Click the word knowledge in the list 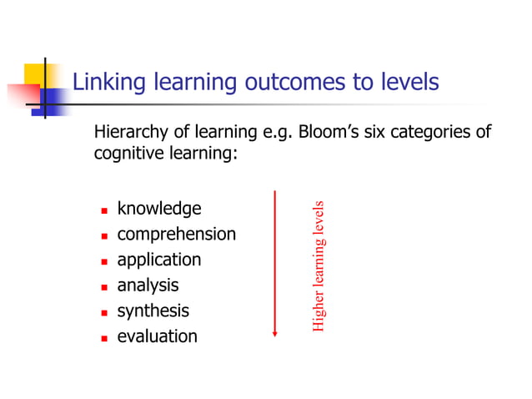(x=159, y=209)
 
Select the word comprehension (x=176, y=235)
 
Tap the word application (x=158, y=260)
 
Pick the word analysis (x=148, y=285)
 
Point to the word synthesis (x=153, y=311)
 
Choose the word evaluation (x=157, y=337)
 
